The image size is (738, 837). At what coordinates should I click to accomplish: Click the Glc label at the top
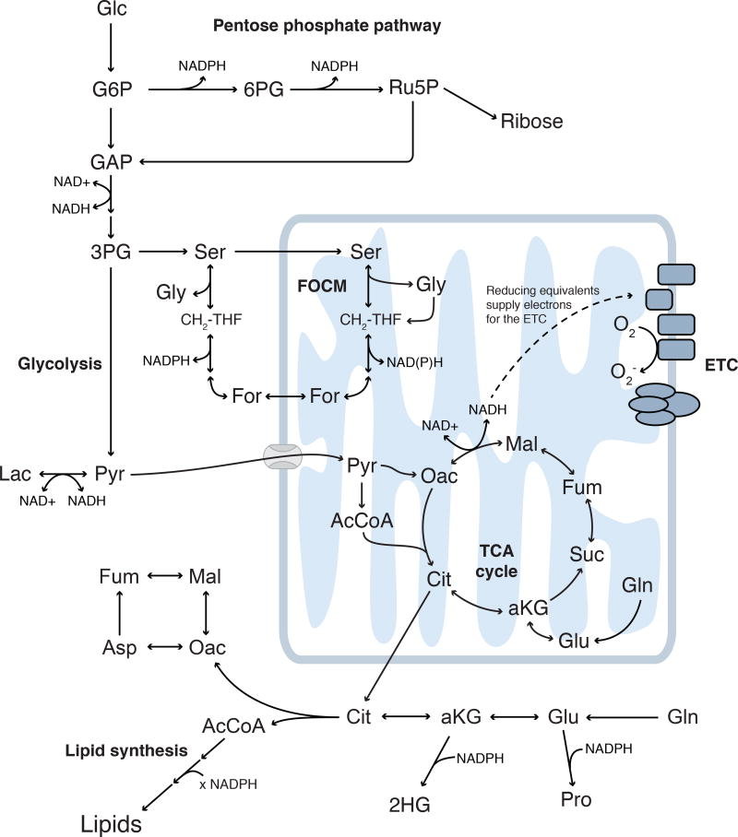[112, 8]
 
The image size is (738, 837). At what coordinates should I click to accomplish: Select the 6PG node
[264, 89]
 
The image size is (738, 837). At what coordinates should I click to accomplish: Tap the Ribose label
[531, 121]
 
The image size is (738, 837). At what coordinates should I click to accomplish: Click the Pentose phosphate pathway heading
[327, 26]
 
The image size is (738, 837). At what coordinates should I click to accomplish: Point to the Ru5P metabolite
[413, 87]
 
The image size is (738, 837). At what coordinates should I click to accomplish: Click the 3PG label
[111, 252]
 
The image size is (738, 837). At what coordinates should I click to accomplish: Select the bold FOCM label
[322, 286]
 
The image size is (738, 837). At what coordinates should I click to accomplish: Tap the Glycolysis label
[60, 364]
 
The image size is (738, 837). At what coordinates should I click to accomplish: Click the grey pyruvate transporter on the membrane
[282, 457]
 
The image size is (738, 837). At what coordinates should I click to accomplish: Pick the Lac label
[16, 474]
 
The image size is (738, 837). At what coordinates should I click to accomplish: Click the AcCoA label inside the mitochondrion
[362, 521]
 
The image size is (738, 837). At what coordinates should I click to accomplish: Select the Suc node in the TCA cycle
[586, 554]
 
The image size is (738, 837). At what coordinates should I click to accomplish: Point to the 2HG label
[410, 805]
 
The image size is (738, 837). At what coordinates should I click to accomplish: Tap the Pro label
[576, 799]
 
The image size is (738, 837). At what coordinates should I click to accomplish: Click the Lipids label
[111, 824]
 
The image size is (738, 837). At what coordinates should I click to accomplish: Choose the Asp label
[120, 647]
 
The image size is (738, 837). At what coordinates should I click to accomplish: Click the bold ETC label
[720, 365]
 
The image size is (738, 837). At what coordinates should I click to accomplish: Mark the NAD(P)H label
[415, 362]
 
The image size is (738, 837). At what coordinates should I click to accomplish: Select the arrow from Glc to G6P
[111, 48]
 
